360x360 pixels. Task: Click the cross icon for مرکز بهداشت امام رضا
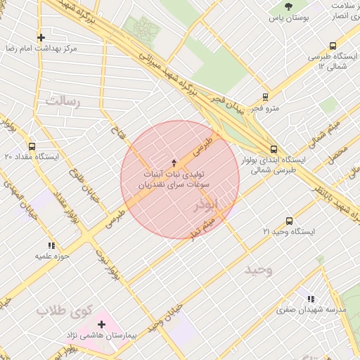coord(41,37)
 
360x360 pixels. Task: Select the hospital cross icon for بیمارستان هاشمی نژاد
coord(102,325)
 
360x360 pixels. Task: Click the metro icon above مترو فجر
coord(265,97)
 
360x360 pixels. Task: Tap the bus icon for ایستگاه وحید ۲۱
coord(289,221)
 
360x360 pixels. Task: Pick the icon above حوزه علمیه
coord(51,245)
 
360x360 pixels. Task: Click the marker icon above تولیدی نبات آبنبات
coord(174,163)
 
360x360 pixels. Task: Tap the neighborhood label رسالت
coord(64,102)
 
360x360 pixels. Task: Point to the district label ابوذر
coord(207,205)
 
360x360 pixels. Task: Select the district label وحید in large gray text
coord(258,270)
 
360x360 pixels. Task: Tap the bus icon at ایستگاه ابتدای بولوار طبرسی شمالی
coord(274,148)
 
